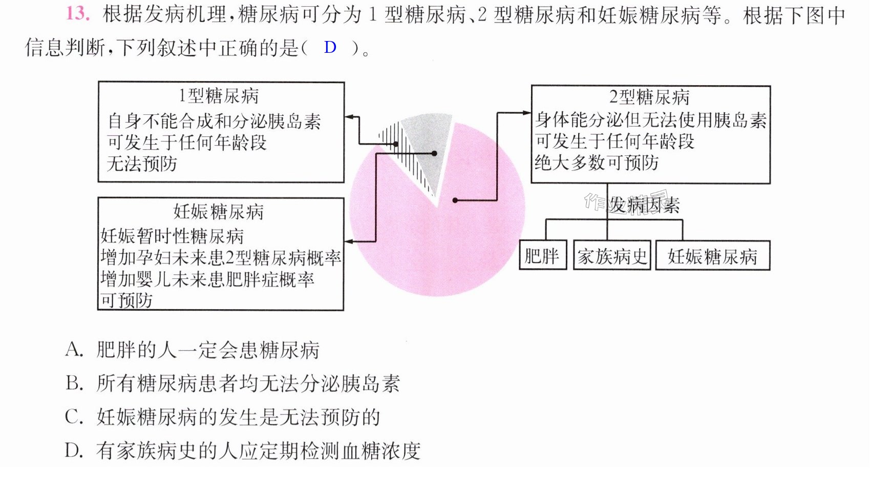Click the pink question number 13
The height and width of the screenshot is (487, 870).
(78, 14)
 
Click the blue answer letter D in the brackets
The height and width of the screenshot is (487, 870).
(330, 47)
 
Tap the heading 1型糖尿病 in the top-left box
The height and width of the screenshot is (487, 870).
(219, 96)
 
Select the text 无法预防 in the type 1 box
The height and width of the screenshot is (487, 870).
(142, 164)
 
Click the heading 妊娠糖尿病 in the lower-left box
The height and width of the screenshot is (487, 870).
(218, 212)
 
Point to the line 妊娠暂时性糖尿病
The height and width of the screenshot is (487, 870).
(172, 236)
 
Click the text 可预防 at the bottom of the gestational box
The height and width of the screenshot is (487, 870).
(126, 300)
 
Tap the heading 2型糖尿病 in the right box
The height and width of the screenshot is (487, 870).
(649, 97)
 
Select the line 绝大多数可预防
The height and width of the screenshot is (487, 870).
(597, 163)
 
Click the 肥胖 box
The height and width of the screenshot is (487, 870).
(543, 255)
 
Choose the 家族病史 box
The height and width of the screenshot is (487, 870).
(612, 255)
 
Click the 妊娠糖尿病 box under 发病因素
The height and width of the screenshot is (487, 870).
(713, 255)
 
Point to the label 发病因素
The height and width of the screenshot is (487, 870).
(644, 205)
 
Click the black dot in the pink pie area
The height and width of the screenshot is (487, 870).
(455, 200)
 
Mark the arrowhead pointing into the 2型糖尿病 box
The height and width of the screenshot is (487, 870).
(527, 113)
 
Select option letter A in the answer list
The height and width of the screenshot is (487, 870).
(74, 350)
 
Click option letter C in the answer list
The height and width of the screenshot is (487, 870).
(74, 417)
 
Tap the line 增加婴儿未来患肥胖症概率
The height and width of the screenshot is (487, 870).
(207, 279)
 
